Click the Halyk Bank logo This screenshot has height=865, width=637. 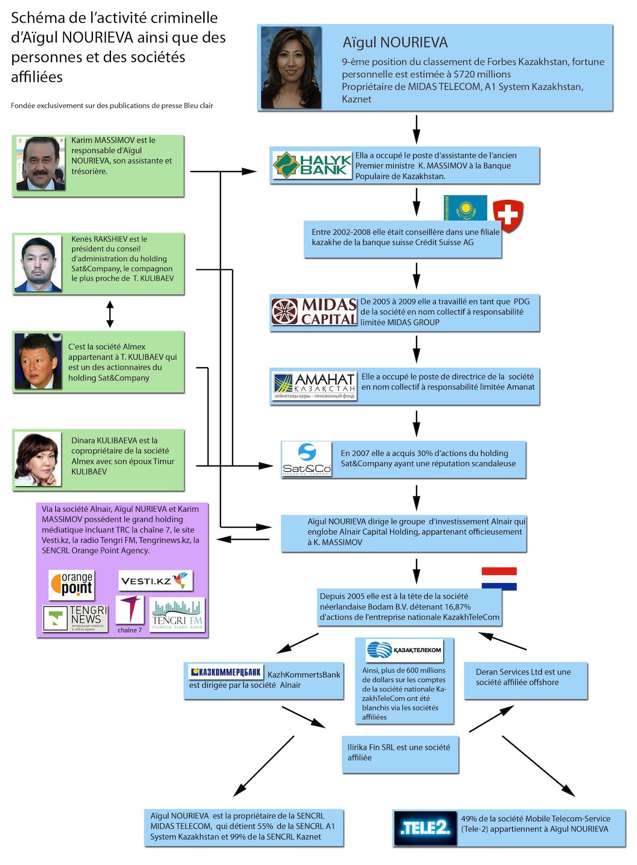pos(312,165)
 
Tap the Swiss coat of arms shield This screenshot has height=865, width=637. pos(508,216)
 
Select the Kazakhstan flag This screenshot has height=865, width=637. pos(465,208)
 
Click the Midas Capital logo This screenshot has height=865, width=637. pos(314,311)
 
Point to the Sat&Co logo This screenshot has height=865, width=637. pos(306,459)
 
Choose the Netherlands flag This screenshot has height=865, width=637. pos(499,579)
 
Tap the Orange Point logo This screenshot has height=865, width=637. pos(72,584)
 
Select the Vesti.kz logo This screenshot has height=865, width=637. pos(155,580)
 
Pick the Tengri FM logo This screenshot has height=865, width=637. pos(177,614)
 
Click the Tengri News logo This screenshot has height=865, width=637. pos(75,618)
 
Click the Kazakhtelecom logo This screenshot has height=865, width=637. pos(404,650)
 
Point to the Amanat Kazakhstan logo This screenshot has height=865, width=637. pos(313,385)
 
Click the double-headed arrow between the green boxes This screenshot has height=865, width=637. pos(110,314)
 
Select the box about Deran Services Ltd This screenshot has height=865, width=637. pos(526,681)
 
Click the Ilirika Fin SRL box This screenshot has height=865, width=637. pos(400,754)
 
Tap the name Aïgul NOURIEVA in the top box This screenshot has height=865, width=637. pos(395,43)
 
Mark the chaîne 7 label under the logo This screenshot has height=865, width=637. pos(130,630)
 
